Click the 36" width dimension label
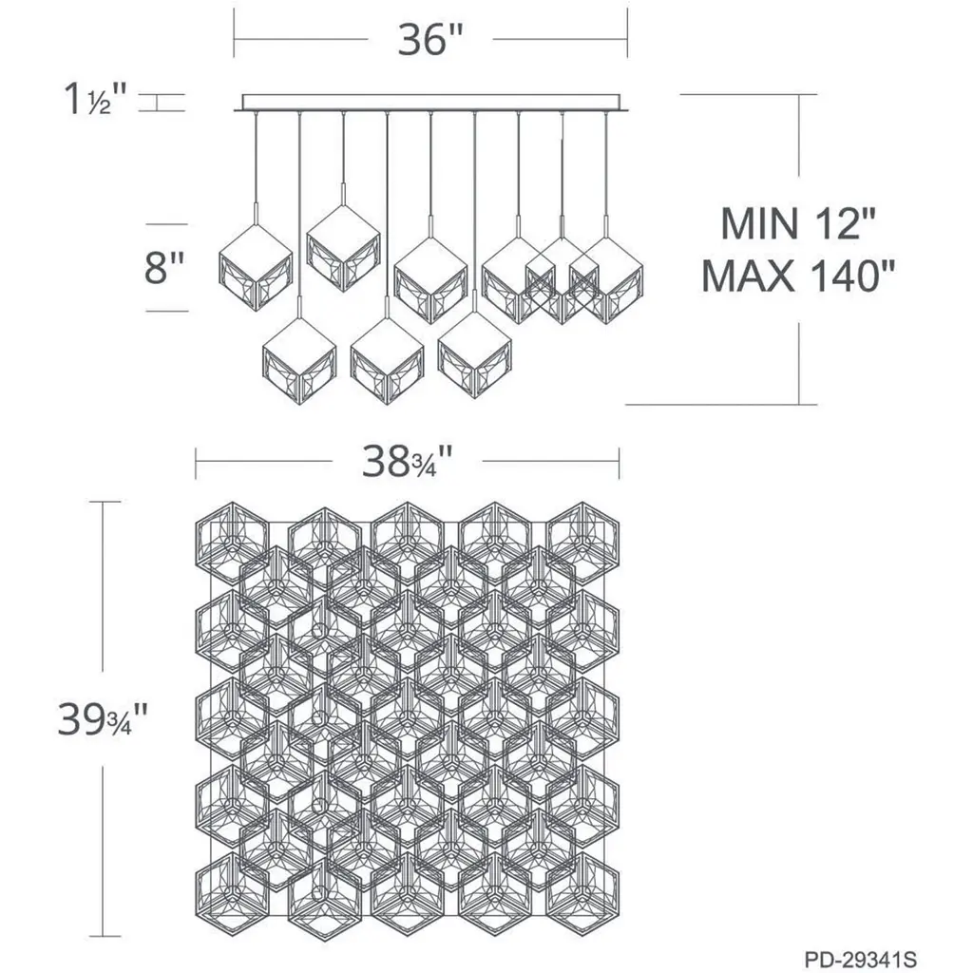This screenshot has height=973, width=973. point(430,41)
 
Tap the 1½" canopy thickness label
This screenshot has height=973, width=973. point(95,99)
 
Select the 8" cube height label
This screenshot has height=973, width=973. point(164,268)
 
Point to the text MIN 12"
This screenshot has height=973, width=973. point(798,224)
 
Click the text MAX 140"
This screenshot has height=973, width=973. point(798,276)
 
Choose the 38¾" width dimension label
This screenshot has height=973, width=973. point(407,462)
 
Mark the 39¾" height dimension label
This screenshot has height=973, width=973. point(103,719)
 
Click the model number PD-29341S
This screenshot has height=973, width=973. point(861,960)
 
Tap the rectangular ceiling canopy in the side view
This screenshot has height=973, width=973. point(430,103)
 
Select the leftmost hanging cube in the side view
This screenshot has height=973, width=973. point(256,267)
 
